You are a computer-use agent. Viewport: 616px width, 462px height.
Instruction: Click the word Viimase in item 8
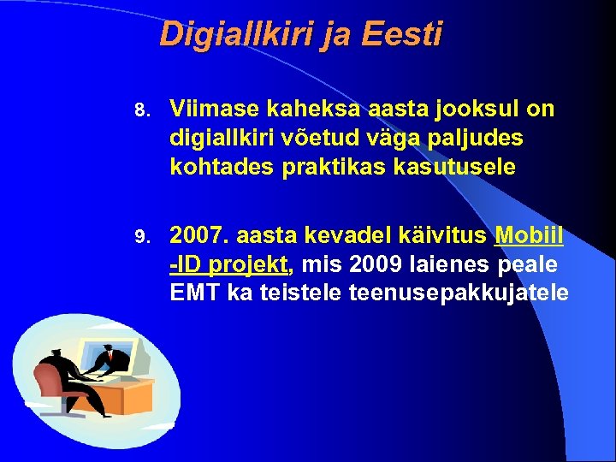click(215, 109)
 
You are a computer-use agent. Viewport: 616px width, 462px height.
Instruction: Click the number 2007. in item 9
click(201, 235)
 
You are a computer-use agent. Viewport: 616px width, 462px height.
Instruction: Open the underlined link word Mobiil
click(528, 235)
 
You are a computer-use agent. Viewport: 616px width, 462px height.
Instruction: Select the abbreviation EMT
click(196, 293)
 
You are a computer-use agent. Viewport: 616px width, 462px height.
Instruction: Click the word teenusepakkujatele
click(459, 293)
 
